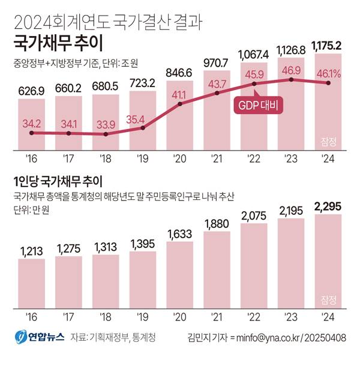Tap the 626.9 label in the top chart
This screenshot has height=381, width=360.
(31, 91)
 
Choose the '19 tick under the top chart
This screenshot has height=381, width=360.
(142, 161)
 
